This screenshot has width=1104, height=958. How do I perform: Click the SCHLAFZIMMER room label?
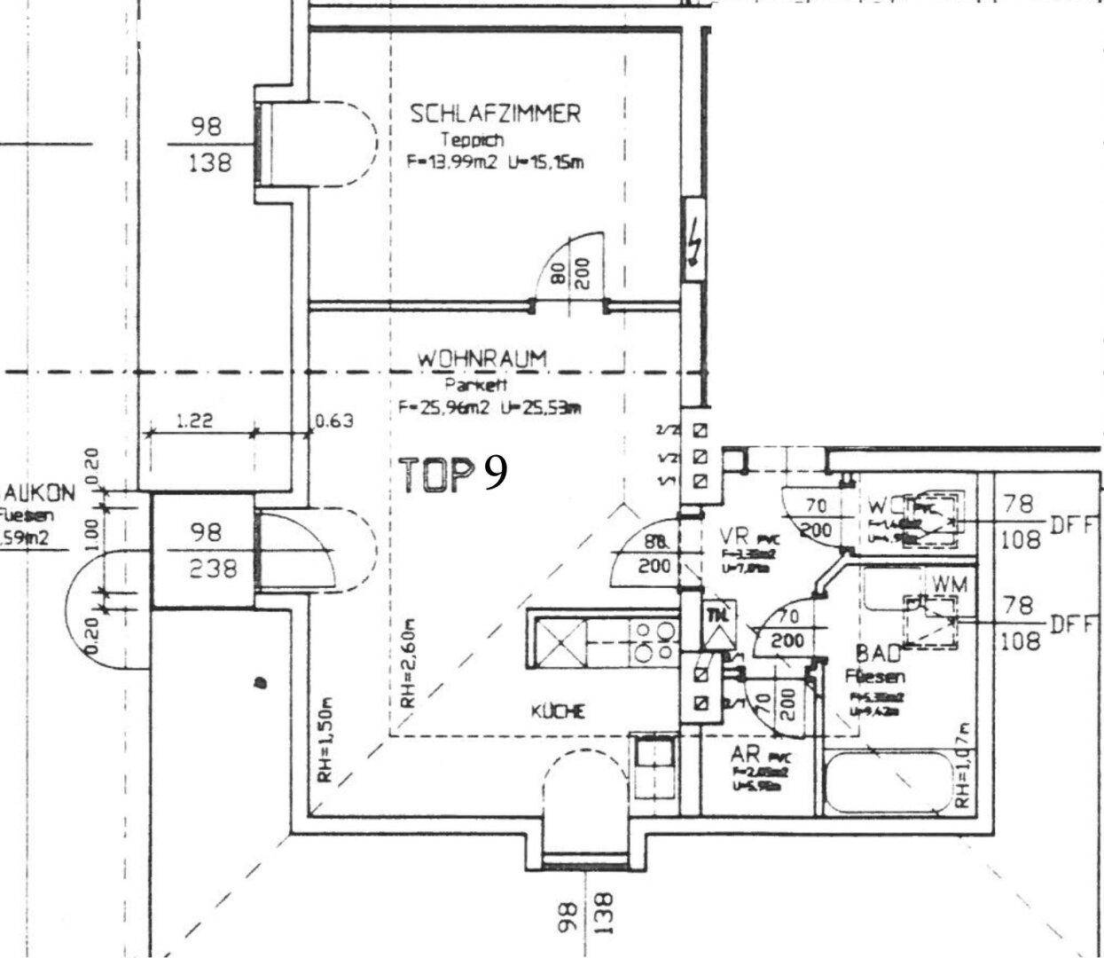point(495,114)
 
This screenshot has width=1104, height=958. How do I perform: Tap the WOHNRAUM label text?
point(482,359)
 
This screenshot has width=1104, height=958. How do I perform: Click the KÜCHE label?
point(557,711)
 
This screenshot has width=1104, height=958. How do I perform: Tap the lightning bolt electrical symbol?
point(694,242)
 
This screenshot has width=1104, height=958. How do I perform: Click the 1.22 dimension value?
point(194,422)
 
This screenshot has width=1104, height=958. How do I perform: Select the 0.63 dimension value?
point(334,420)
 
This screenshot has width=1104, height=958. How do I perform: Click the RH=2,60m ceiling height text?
point(407,663)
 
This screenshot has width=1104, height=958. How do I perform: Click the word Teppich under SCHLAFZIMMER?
point(473,139)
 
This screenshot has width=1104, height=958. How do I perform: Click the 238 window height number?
point(214,569)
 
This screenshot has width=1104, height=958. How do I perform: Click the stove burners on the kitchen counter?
point(654,640)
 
